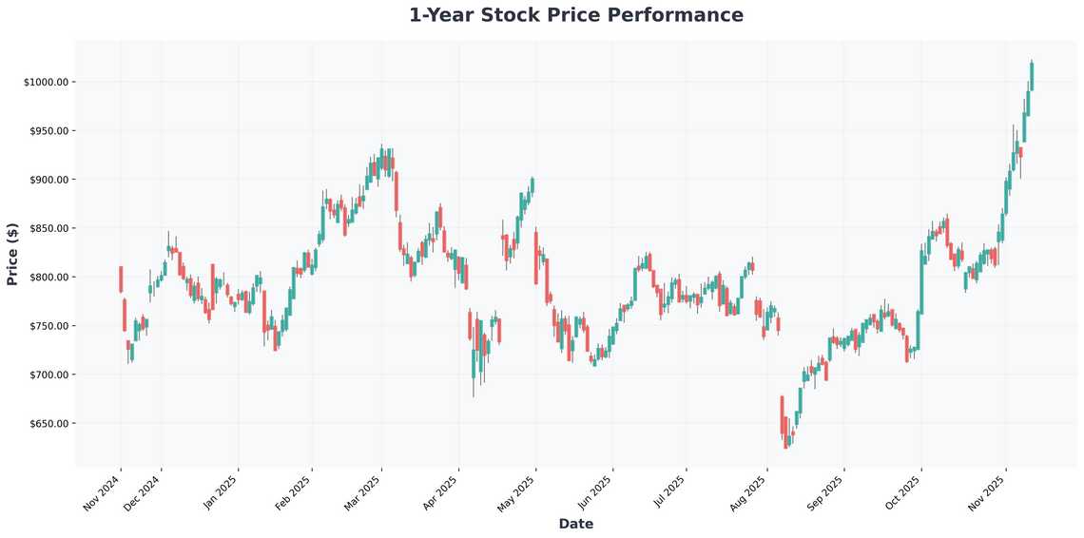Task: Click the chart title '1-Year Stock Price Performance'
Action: click(x=576, y=15)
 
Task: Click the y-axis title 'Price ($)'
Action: click(x=12, y=254)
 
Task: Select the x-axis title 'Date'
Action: click(x=576, y=524)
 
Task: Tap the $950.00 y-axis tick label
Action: click(x=49, y=131)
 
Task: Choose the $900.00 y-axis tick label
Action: click(x=49, y=180)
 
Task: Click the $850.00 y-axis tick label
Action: click(x=49, y=228)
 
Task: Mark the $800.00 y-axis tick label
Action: click(x=49, y=278)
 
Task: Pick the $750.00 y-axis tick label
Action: click(x=49, y=326)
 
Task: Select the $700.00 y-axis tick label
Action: click(x=49, y=375)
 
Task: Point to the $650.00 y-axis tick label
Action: click(x=49, y=424)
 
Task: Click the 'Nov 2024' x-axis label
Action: click(x=103, y=493)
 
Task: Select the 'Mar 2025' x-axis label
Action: click(x=364, y=493)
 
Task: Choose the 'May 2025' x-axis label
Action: click(x=518, y=493)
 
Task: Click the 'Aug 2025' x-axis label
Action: click(x=748, y=493)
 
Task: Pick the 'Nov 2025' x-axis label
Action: click(x=989, y=493)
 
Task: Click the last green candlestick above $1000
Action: click(x=1032, y=76)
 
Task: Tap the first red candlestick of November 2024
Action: click(x=121, y=279)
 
